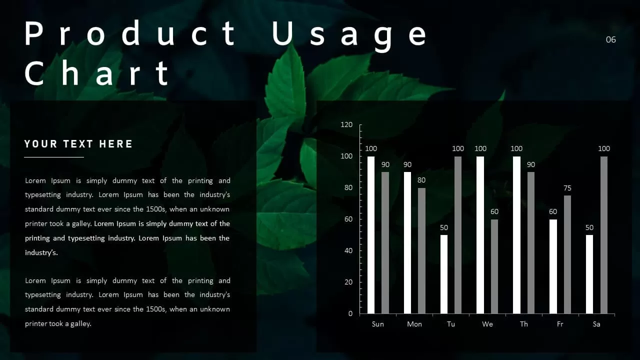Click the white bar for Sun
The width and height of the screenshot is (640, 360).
coord(371,235)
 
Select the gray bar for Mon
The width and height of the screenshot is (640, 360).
coord(421,250)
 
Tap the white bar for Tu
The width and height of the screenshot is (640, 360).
coord(444,274)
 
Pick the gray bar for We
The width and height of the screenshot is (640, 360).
coord(494,266)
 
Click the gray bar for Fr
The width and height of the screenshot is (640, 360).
coord(567,254)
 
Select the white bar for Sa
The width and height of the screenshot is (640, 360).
coord(589,274)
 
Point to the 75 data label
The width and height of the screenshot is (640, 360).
coord(567,188)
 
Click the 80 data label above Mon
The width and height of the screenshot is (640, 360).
coord(421,180)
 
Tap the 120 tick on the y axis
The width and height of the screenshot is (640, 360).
coord(346,125)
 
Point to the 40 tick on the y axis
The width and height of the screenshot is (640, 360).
coord(348,250)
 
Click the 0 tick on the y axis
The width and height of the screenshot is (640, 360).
coord(350,313)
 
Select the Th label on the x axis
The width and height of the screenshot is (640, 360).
coord(523,324)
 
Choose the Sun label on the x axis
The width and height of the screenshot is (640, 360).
coord(378,324)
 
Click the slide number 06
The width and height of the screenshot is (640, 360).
coord(610,39)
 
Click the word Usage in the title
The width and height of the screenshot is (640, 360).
coord(349,34)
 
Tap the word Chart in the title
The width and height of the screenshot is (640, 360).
coord(97,73)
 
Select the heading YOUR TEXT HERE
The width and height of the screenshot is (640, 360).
coord(78,144)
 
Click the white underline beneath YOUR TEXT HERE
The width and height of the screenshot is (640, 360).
coord(54,157)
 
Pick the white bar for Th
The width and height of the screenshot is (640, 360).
coord(516,235)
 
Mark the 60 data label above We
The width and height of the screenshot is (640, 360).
coord(494,211)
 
